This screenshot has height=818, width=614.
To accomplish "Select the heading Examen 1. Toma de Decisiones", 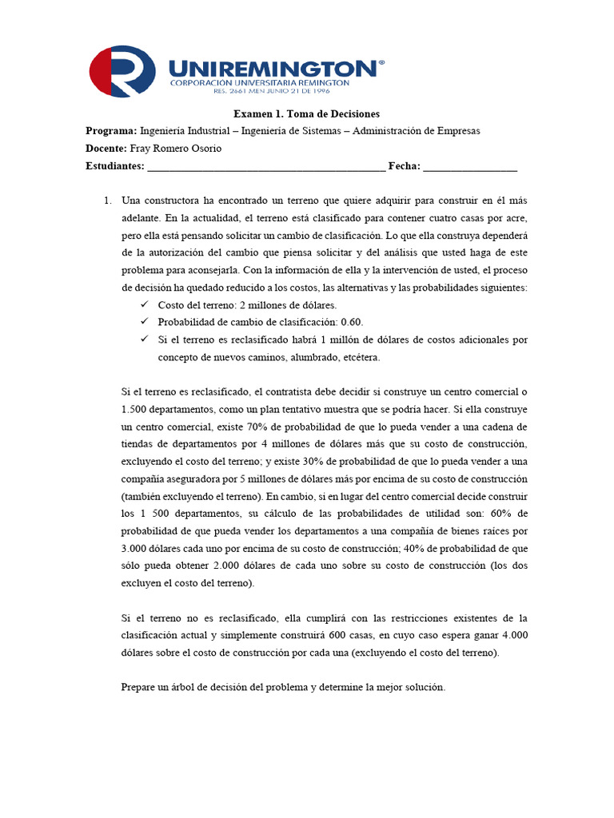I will coord(306,114).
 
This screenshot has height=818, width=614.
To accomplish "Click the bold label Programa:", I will coord(111,131).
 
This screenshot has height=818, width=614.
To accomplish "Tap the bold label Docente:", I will coord(106,149).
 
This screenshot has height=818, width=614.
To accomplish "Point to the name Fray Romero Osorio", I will coord(175,149).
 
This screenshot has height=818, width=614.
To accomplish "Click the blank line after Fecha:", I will coord(470,167).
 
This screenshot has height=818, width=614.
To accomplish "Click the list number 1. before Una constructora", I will coord(108,200).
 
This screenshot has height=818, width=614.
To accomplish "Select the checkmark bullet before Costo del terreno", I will coord(144,305).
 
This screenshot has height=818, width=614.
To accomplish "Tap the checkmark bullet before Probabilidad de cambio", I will coord(144,322).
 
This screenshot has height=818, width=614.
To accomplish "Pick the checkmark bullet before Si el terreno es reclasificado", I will coord(144,340).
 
